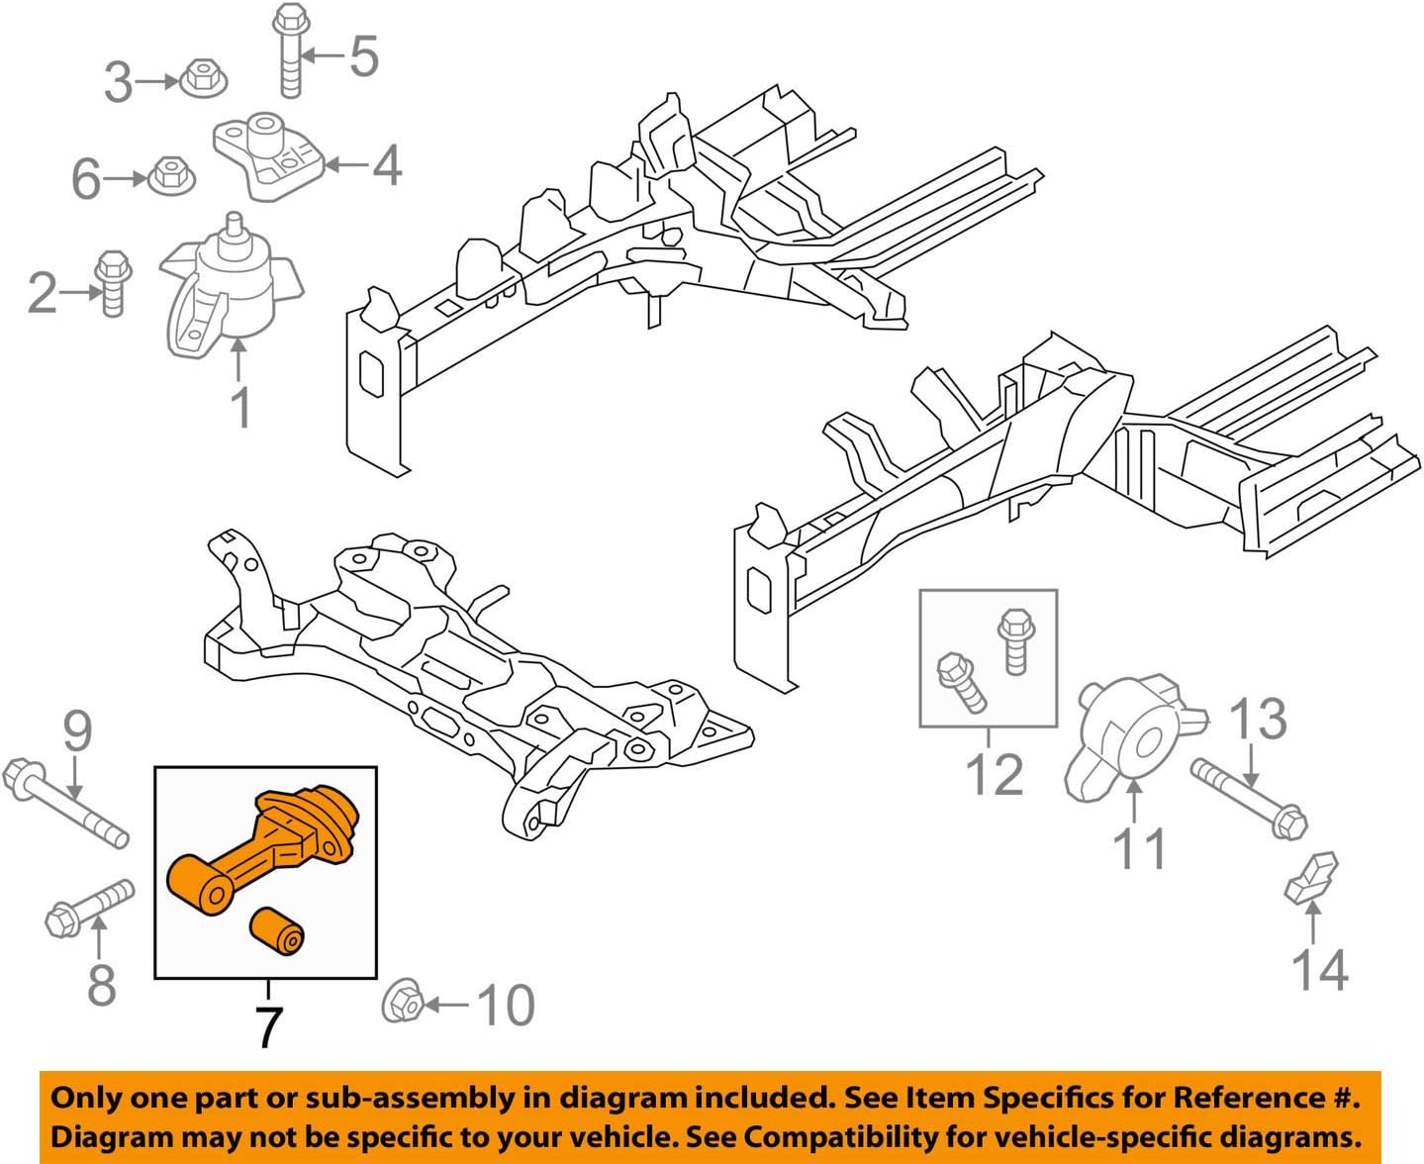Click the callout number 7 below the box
(268, 1027)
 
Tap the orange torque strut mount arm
(262, 841)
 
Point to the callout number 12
(995, 773)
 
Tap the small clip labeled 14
(1311, 878)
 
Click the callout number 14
(1320, 969)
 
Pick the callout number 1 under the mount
(240, 407)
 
